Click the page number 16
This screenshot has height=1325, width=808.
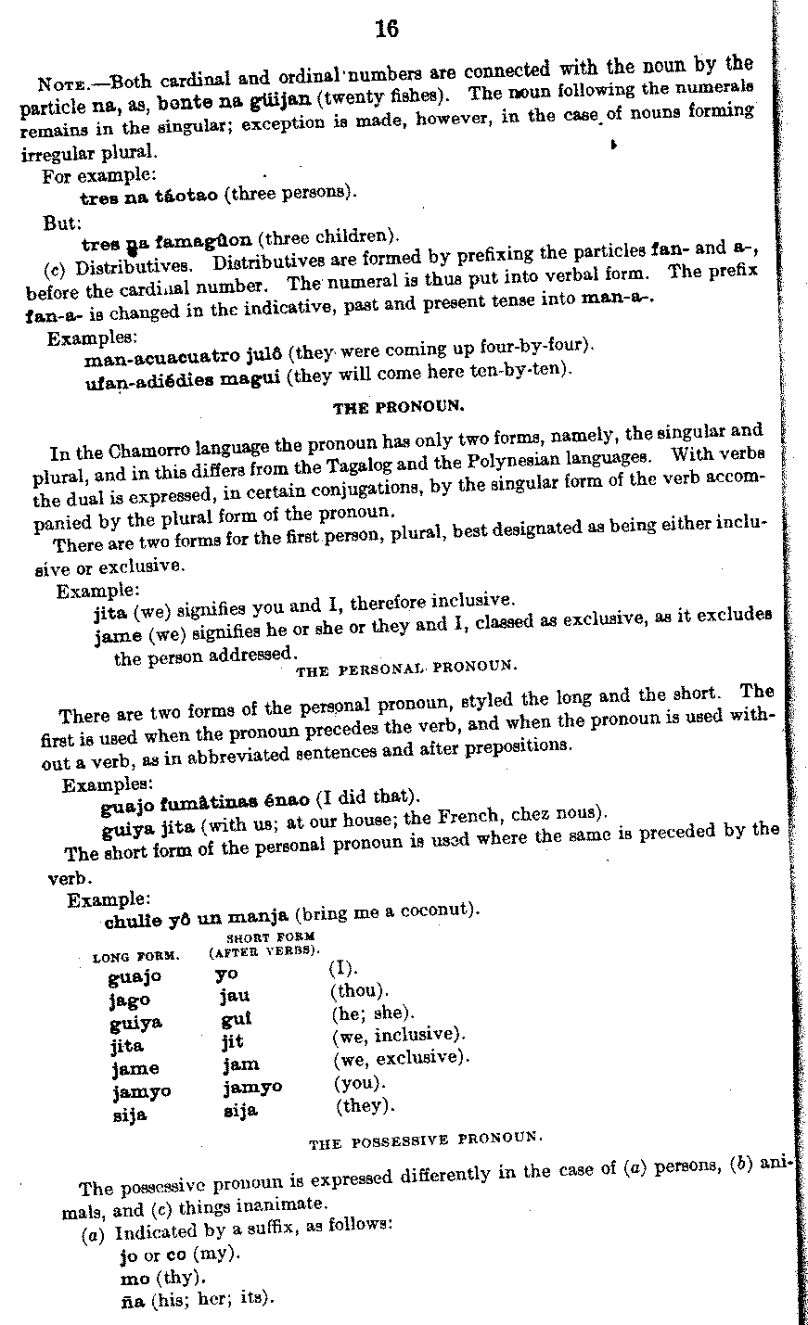(x=387, y=30)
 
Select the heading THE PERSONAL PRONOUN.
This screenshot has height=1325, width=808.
(x=405, y=667)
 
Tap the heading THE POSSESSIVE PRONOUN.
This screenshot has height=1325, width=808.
(x=425, y=1140)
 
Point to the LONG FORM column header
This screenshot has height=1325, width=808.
(x=135, y=955)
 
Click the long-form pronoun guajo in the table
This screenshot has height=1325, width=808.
(x=135, y=976)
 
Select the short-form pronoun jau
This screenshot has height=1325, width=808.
(x=235, y=997)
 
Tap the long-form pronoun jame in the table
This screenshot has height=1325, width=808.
(x=135, y=1067)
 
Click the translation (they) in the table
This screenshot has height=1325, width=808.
(x=365, y=1105)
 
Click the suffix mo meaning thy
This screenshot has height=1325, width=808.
(x=135, y=1278)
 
